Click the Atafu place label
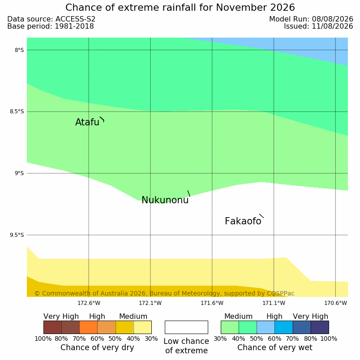pyautogui.click(x=87, y=122)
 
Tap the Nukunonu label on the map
pyautogui.click(x=165, y=200)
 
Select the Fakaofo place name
pyautogui.click(x=243, y=221)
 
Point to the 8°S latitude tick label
pyautogui.click(x=19, y=50)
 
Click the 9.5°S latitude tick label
pyautogui.click(x=17, y=235)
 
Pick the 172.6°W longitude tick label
pyautogui.click(x=89, y=303)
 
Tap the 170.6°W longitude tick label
pyautogui.click(x=335, y=303)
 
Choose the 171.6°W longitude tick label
pyautogui.click(x=212, y=303)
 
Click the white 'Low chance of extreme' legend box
pyautogui.click(x=186, y=327)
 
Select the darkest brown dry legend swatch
pyautogui.click(x=52, y=327)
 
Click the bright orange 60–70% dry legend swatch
pyautogui.click(x=88, y=327)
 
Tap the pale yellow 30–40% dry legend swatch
pyautogui.click(x=142, y=327)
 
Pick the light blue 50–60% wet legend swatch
pyautogui.click(x=266, y=327)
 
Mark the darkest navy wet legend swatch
pyautogui.click(x=320, y=327)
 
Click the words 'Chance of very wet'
pyautogui.click(x=275, y=347)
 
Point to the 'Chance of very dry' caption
pyautogui.click(x=97, y=347)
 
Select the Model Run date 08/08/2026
pyautogui.click(x=332, y=19)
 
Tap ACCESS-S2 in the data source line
pyautogui.click(x=76, y=19)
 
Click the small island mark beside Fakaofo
pyautogui.click(x=261, y=216)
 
